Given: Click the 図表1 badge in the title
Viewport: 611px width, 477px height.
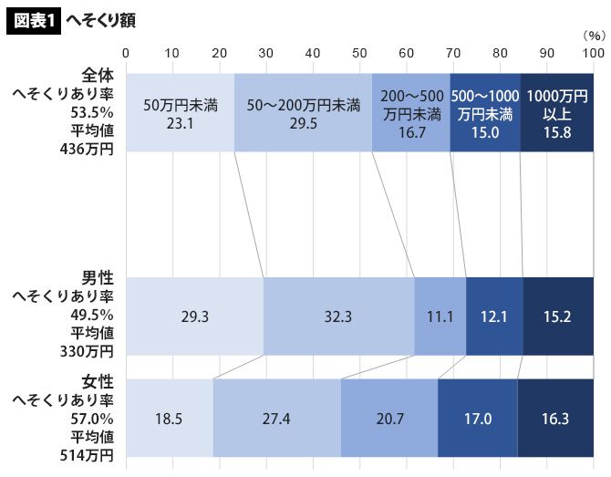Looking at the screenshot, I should coord(34,19).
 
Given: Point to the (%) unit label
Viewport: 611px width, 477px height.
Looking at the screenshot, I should coord(593,36).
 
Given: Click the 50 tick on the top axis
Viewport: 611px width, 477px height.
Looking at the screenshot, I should coord(359,53).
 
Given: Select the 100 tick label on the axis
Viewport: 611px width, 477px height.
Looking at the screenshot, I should coord(593,53).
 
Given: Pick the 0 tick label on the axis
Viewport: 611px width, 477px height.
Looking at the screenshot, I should coord(126,53).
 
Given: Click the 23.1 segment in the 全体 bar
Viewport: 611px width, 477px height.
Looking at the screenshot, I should coord(180,112).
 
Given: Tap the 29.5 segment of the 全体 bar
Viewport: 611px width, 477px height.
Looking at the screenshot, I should coord(303,112).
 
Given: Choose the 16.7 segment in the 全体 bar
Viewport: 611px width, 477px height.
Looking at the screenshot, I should coord(411,112).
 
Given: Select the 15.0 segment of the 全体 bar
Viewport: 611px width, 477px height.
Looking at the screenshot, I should coord(485,112).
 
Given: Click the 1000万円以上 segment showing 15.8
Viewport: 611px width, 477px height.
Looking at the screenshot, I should coord(556,112).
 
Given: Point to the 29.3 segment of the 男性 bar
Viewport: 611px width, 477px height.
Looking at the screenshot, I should coord(194,316).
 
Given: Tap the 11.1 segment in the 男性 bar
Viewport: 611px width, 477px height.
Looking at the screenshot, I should coord(440,316).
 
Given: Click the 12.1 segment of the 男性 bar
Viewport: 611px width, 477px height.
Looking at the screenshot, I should coord(494,316).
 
